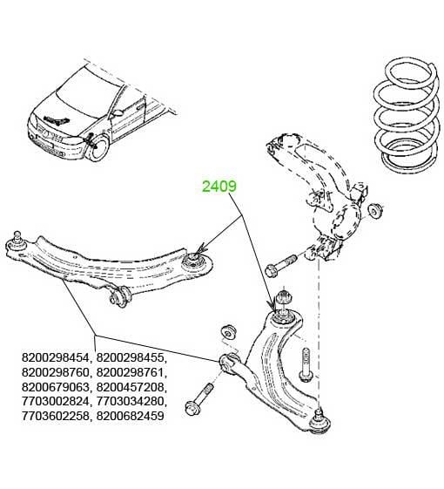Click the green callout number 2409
tap(219, 187)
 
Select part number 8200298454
tap(56, 357)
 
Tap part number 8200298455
tap(131, 357)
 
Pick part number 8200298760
tap(56, 372)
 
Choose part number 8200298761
tap(131, 372)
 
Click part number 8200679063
tap(56, 387)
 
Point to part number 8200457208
tap(131, 387)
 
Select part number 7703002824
tap(56, 401)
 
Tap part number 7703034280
tap(131, 401)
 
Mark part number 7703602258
tap(56, 416)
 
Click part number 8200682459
tap(131, 416)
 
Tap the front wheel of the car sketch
tap(99, 149)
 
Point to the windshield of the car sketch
tap(87, 92)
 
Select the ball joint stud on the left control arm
tap(17, 239)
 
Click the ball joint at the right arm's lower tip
tap(320, 422)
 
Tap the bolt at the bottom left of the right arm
tap(199, 399)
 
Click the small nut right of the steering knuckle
tap(375, 211)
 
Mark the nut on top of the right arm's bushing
tap(284, 296)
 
